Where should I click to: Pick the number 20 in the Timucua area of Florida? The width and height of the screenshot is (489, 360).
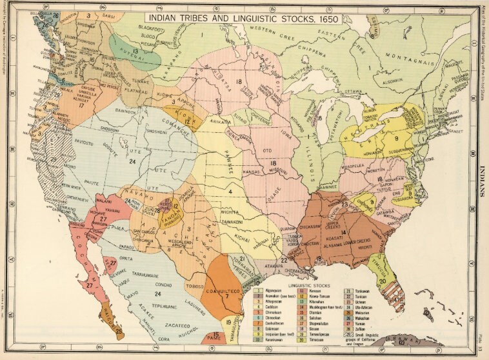point(382,281)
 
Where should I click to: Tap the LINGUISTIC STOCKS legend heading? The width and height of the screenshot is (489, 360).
point(310,285)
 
